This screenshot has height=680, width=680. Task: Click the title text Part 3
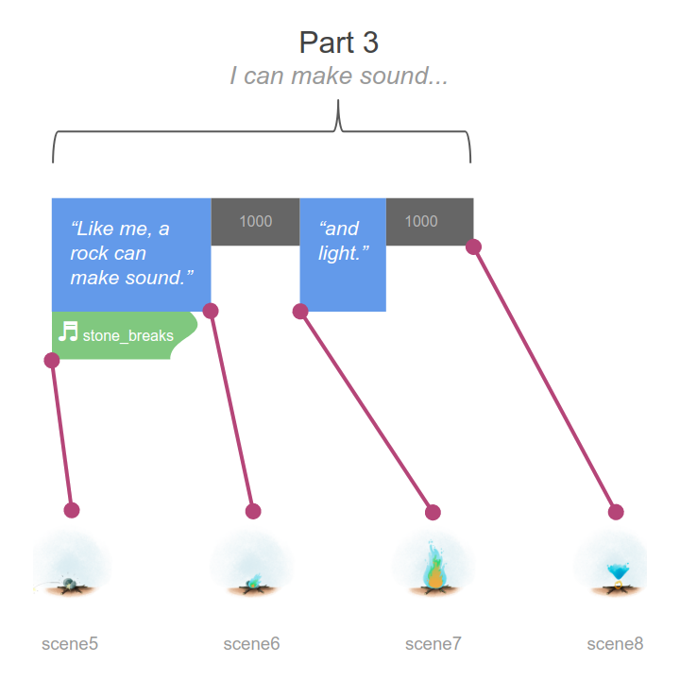339,42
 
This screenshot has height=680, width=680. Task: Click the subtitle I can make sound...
339,76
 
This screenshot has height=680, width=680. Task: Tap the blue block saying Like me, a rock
131,255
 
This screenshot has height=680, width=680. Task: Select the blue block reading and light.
343,255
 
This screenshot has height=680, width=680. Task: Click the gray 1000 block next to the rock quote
255,222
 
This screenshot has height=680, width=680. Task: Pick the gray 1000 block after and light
430,222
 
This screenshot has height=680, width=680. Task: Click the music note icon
68,331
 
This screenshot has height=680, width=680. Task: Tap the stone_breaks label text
127,335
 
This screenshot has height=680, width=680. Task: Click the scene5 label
70,644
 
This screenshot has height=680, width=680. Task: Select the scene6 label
251,644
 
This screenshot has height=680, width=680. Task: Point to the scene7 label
433,644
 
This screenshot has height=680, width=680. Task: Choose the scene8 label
615,644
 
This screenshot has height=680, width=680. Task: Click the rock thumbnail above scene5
68,584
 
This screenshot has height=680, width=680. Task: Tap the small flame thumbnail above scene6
253,581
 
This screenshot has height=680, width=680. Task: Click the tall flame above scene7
434,565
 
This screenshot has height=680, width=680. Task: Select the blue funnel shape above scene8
618,571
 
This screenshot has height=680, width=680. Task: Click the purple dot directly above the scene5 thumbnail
72,510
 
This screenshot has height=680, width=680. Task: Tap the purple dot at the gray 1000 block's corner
473,246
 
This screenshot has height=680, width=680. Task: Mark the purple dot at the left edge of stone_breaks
52,360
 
